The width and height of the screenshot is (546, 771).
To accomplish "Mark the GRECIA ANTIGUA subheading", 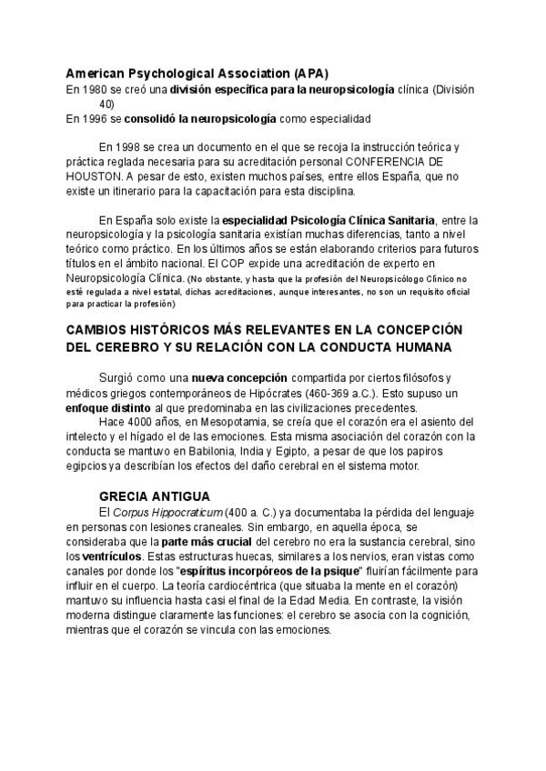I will pyautogui.click(x=154, y=496).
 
